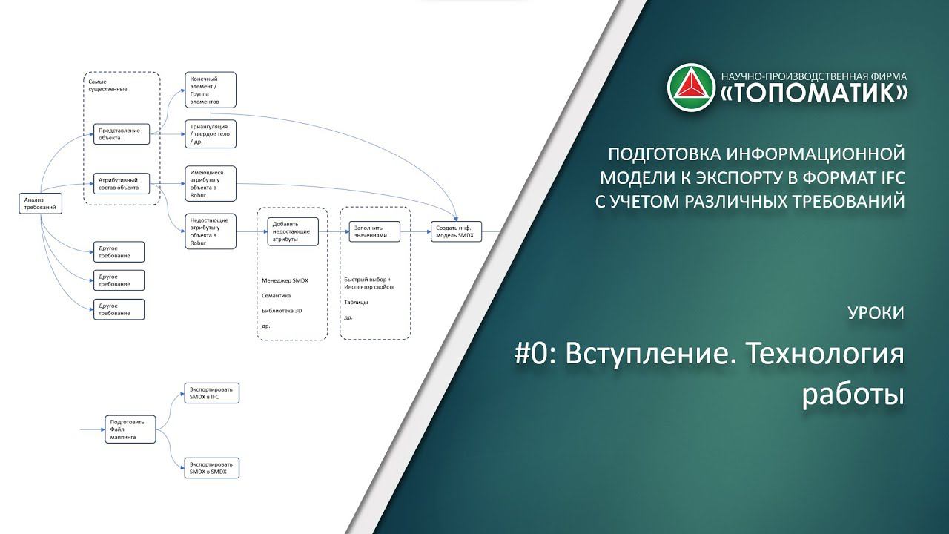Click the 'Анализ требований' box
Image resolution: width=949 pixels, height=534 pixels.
pyautogui.click(x=40, y=204)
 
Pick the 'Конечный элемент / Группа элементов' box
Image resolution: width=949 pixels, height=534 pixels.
pyautogui.click(x=211, y=90)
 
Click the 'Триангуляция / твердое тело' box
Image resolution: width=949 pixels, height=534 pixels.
pyautogui.click(x=211, y=133)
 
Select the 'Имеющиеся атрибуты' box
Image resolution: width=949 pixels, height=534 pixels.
pyautogui.click(x=211, y=183)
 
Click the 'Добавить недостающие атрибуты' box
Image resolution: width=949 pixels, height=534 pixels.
pyautogui.click(x=293, y=231)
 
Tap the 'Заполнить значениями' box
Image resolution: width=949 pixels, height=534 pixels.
pyautogui.click(x=374, y=231)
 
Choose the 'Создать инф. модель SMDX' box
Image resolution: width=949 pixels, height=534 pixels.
pyautogui.click(x=457, y=231)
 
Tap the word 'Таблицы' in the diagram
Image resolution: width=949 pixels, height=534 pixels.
pyautogui.click(x=357, y=303)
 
